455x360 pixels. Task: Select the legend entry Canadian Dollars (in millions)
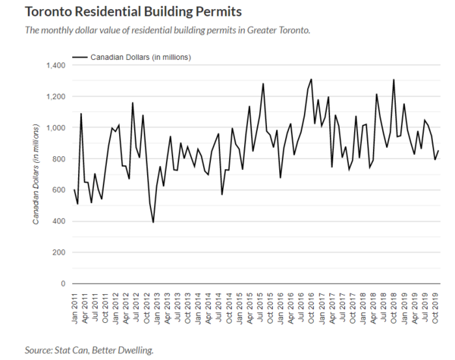pos(140,57)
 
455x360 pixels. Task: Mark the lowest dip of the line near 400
pos(153,222)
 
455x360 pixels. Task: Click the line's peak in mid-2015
pos(263,84)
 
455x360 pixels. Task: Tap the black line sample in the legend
pos(80,57)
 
